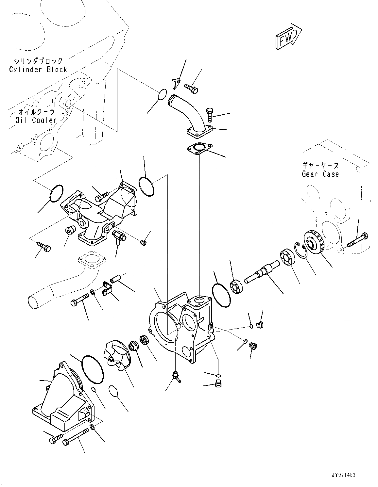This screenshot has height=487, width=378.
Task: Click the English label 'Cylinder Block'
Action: (38, 70)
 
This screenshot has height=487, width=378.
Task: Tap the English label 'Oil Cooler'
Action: (36, 120)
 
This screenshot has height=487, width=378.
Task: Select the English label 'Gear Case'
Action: (320, 174)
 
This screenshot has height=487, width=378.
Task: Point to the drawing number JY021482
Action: (340, 475)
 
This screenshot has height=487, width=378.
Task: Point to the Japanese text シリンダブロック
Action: (38, 61)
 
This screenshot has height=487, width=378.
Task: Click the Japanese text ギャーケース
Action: (320, 166)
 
